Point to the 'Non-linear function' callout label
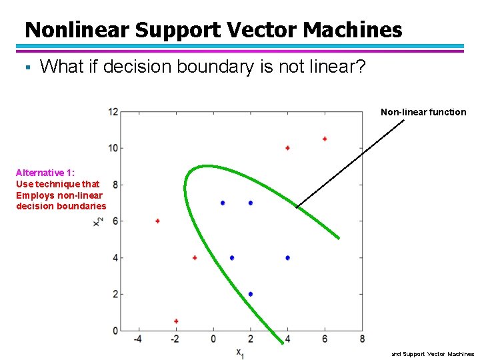[x=423, y=112]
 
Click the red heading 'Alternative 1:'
[x=45, y=172]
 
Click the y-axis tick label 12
[x=113, y=111]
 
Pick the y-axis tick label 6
[x=115, y=221]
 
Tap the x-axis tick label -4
[x=138, y=339]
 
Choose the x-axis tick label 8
[x=362, y=339]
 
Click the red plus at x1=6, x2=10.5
[x=325, y=139]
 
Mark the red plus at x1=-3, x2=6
[x=157, y=221]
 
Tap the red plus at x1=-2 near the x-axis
[x=176, y=321]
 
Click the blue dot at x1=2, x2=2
[x=251, y=294]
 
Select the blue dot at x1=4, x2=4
[x=287, y=257]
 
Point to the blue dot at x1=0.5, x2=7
[x=223, y=203]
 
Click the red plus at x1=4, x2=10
[x=287, y=148]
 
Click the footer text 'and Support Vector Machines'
[x=433, y=354]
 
